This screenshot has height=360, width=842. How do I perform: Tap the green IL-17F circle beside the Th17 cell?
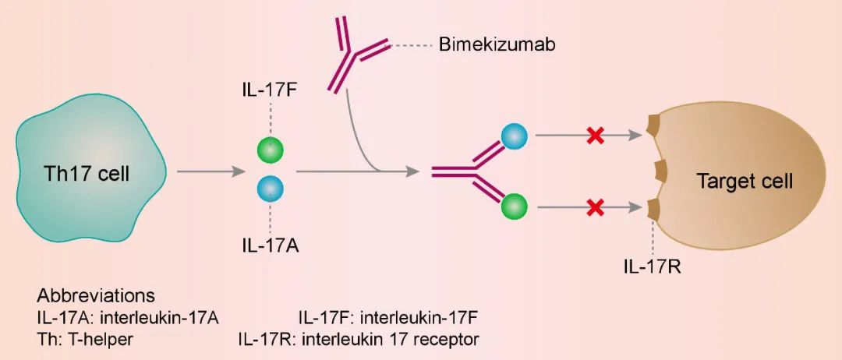coord(270,150)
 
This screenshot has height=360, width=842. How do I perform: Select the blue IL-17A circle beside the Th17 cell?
coord(270,189)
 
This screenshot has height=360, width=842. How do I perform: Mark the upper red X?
coord(595,136)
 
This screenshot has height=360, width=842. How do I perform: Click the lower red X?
coord(595,207)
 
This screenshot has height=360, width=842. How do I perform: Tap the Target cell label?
coord(745,182)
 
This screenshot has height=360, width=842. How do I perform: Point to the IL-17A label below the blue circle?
coord(270,247)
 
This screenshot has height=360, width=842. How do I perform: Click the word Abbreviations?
coord(96,297)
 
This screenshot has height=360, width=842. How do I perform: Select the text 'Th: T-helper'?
coord(84,339)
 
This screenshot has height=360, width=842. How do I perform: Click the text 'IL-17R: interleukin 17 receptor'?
coord(359,339)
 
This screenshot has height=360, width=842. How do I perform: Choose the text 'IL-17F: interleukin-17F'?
coord(387,318)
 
